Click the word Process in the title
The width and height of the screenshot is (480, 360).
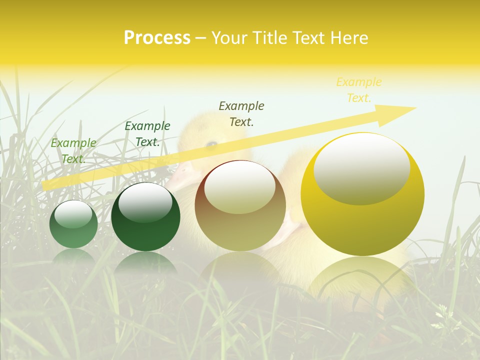coord(157,38)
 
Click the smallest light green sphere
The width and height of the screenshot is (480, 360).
coord(73,224)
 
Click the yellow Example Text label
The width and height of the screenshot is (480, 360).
coord(358,90)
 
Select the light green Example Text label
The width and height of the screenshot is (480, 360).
coord(73,150)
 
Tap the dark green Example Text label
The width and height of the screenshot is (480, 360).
coord(147,134)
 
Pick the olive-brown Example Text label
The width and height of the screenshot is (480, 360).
coord(241,113)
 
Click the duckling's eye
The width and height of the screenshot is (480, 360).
coord(212,144)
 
